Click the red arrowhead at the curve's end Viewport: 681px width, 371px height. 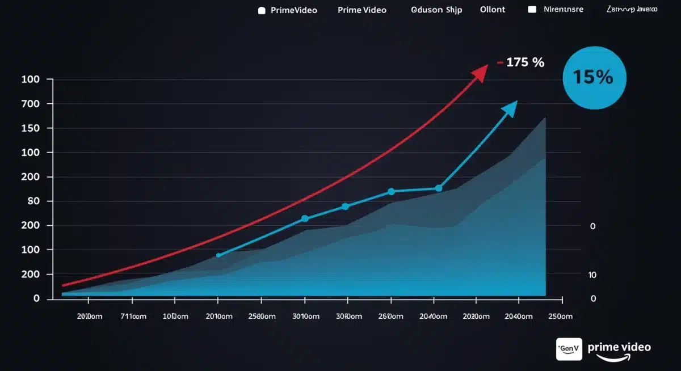[481, 73]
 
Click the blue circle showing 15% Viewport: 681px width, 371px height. [594, 78]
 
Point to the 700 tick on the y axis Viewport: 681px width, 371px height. [30, 104]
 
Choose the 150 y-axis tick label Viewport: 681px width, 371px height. [30, 128]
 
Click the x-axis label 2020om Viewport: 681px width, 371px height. [475, 317]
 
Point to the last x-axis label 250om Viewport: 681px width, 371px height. [561, 317]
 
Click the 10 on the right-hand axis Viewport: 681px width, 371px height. [592, 275]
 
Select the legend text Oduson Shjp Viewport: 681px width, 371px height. [437, 10]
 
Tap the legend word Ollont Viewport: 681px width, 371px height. [492, 10]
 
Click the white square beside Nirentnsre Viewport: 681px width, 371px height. [532, 10]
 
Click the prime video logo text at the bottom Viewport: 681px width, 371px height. [619, 347]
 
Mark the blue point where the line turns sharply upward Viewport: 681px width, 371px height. [438, 188]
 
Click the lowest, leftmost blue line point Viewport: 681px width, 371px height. [218, 255]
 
